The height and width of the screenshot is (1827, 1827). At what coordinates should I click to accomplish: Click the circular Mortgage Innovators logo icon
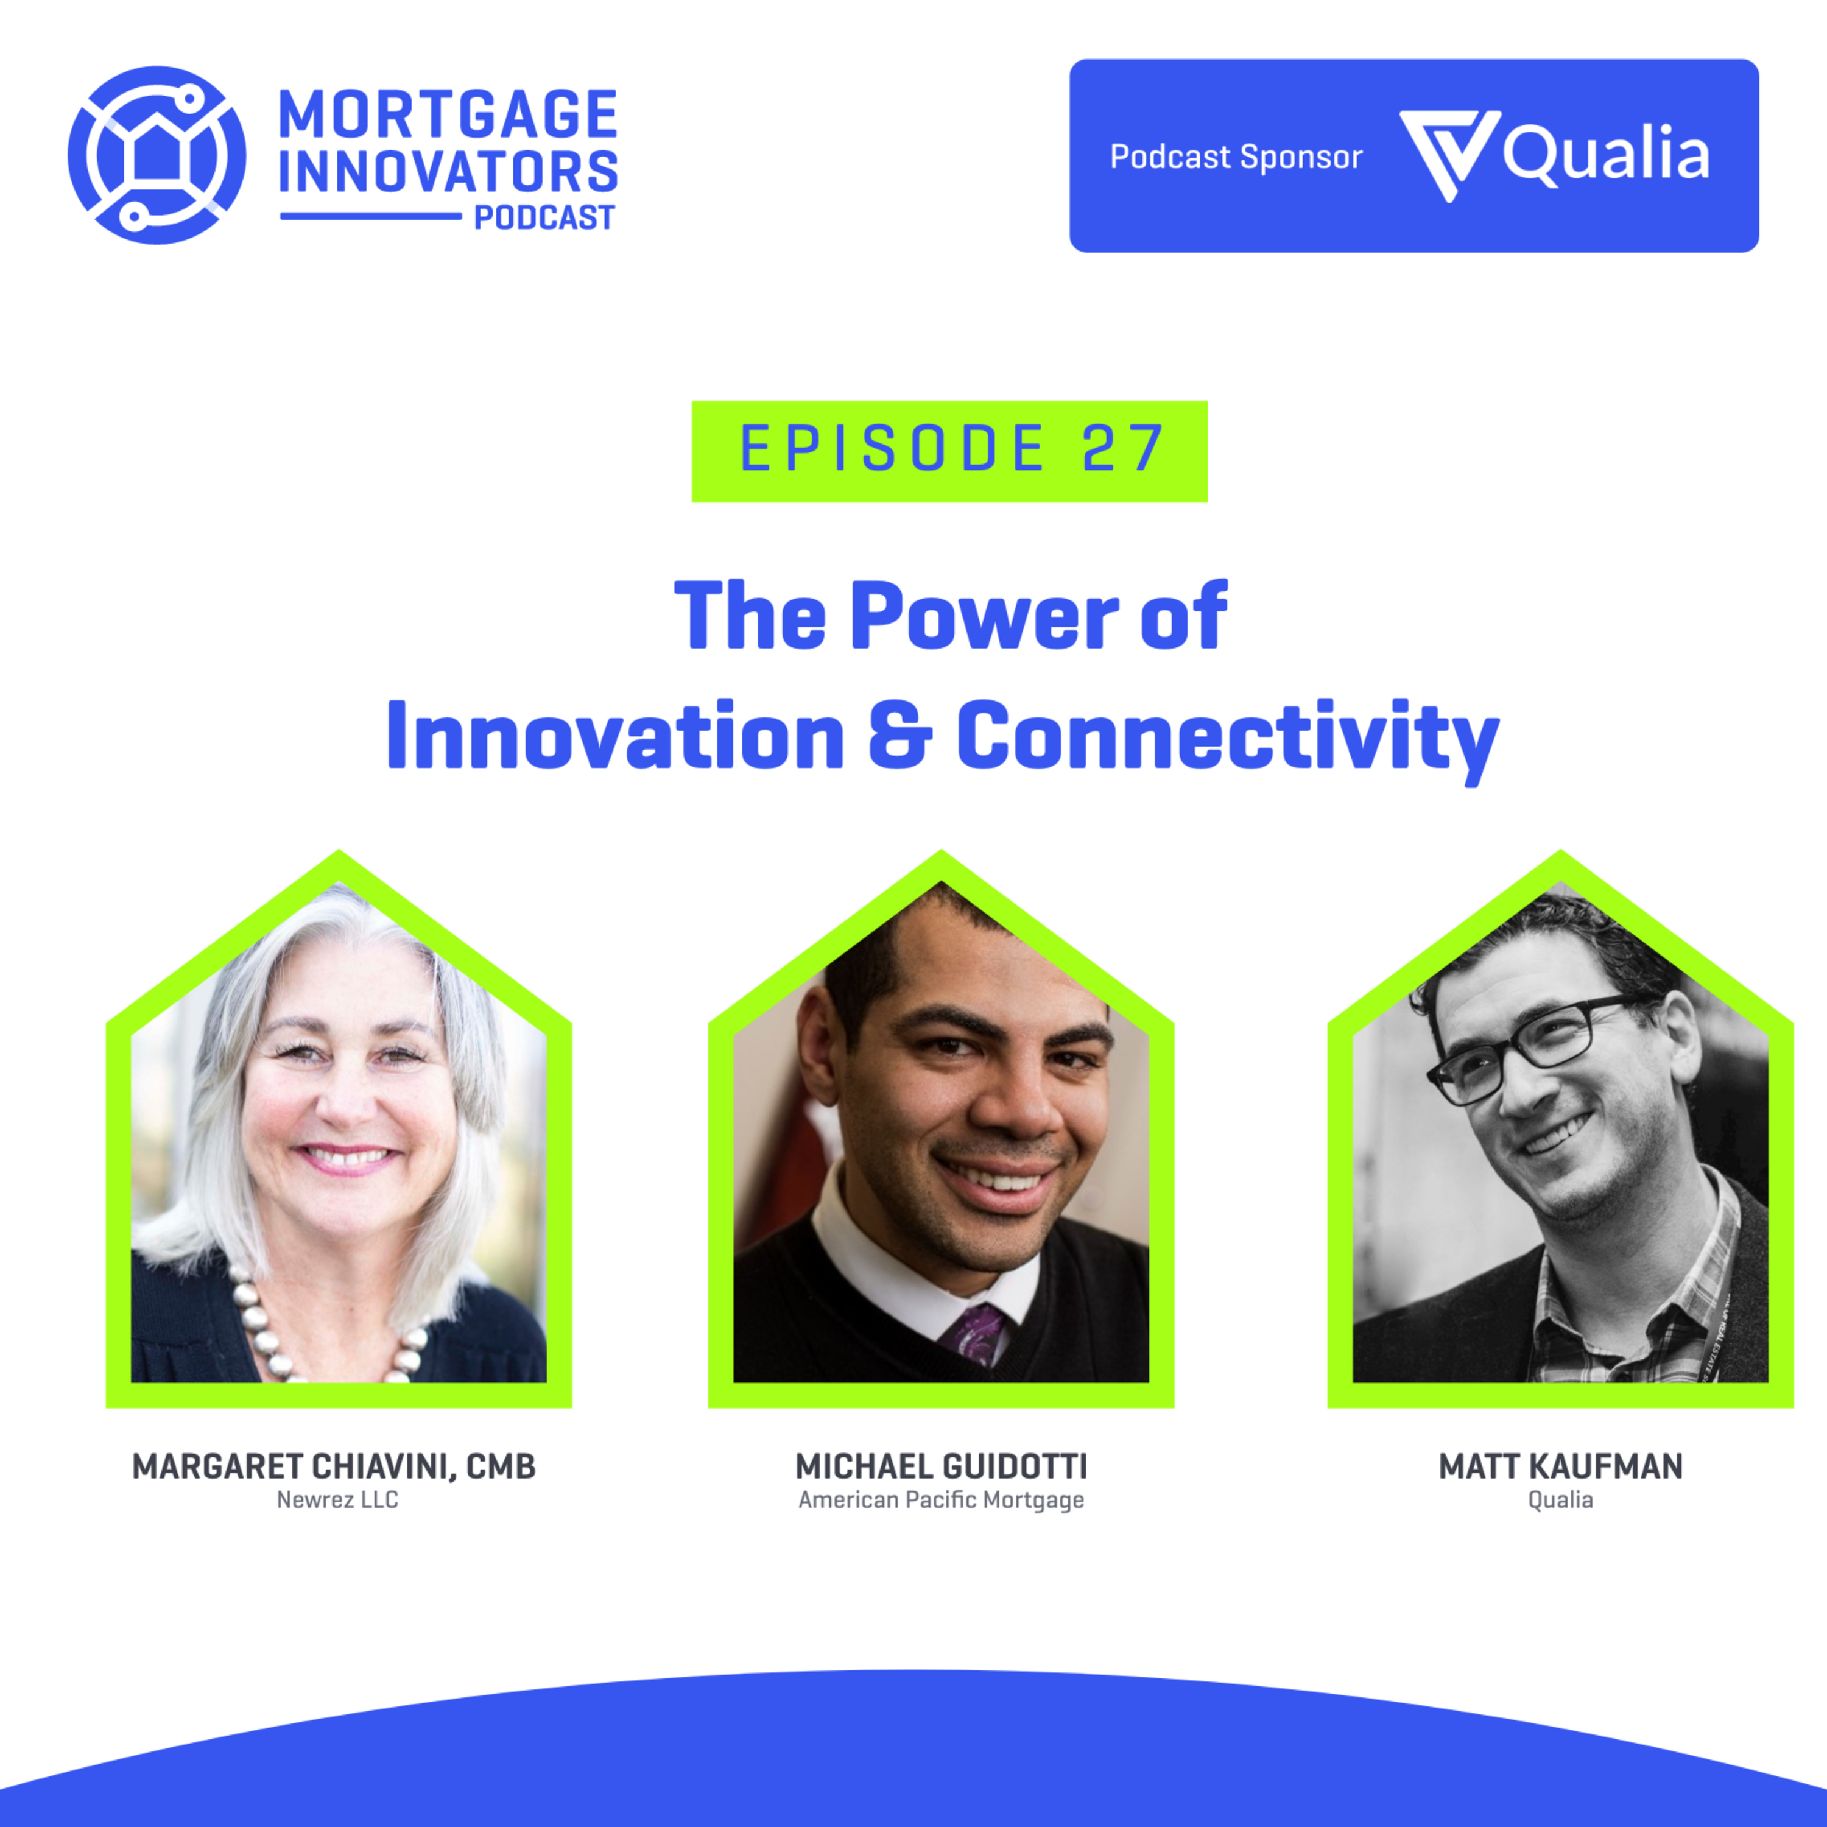coord(157,155)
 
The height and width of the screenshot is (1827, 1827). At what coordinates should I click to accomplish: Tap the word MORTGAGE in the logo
coord(448,115)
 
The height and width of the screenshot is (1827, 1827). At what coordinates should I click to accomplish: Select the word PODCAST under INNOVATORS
coord(544,219)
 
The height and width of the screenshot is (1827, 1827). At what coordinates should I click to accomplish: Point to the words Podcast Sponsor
coord(1236,157)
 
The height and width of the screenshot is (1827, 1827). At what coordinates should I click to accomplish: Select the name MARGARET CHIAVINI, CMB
coord(334,1466)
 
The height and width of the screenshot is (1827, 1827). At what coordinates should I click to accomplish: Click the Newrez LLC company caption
coord(337,1500)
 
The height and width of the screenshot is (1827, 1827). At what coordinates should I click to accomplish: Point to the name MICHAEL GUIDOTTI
coord(941,1466)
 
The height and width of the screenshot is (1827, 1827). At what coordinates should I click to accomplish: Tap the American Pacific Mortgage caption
coord(941,1501)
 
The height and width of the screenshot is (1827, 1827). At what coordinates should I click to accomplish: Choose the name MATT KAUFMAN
coord(1560,1466)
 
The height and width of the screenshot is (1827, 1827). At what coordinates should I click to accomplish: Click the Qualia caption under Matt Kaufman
coord(1560,1500)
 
